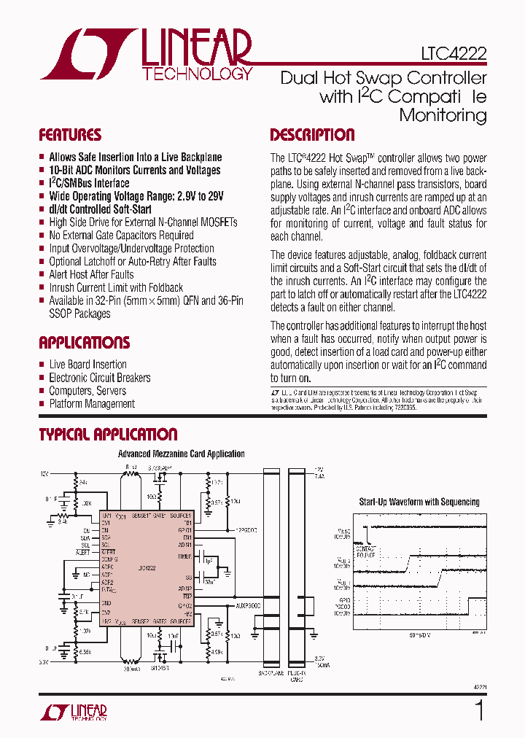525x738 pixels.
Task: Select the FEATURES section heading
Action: [70, 135]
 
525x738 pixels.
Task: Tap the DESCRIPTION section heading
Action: [312, 135]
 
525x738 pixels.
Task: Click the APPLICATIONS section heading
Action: [84, 343]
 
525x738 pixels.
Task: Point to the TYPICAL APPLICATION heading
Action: [108, 435]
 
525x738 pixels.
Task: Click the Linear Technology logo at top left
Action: [146, 54]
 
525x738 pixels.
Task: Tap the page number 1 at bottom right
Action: [479, 710]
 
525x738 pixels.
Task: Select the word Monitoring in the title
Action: [443, 115]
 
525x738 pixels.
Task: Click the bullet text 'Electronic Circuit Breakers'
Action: [100, 378]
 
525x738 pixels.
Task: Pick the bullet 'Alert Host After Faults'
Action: [91, 274]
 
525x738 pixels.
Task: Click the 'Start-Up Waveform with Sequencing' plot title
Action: [419, 502]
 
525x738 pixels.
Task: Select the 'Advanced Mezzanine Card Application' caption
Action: [182, 454]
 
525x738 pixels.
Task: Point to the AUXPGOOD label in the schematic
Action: [248, 605]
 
